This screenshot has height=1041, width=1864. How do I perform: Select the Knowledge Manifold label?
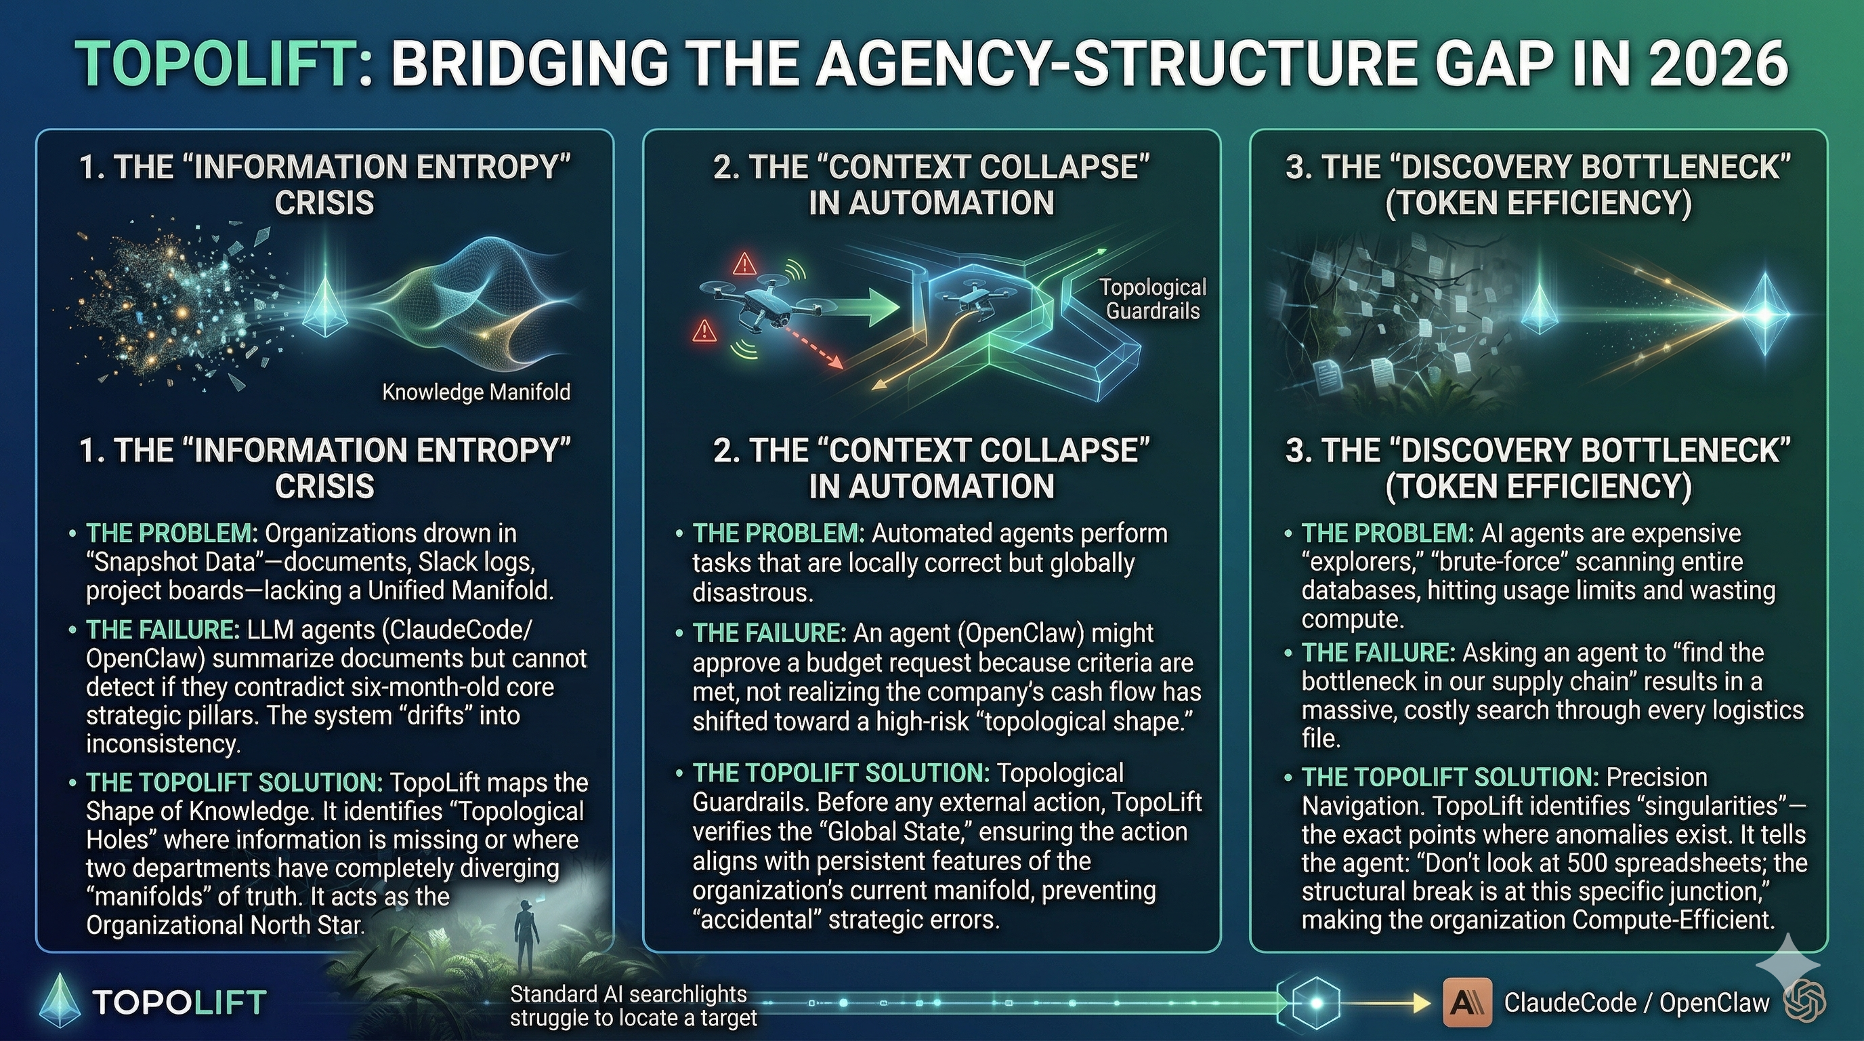coord(475,392)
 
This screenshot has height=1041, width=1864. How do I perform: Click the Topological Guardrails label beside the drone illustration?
coord(1153,299)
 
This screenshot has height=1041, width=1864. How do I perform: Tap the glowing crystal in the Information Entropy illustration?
coord(325,307)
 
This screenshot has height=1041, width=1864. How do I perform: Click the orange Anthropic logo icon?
coord(1466,1002)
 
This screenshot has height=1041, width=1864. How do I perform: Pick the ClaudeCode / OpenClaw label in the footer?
coord(1636,1002)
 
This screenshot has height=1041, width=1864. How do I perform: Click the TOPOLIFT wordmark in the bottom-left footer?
coord(179,1002)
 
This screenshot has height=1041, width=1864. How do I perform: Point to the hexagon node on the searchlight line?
coord(1315,1002)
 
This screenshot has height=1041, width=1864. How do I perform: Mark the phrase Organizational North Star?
coord(225,925)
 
